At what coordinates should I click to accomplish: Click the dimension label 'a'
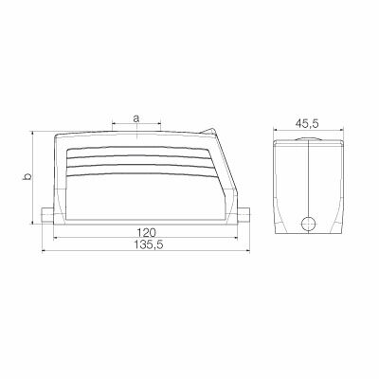[136, 118]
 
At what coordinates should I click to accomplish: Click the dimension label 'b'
[27, 177]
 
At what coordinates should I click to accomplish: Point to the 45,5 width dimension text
[306, 122]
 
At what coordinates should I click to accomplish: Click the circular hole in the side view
[308, 225]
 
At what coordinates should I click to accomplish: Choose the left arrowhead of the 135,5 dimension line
[44, 252]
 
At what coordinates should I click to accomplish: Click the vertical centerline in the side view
[308, 180]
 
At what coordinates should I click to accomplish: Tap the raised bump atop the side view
[308, 139]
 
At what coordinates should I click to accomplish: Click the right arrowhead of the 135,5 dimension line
[246, 252]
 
